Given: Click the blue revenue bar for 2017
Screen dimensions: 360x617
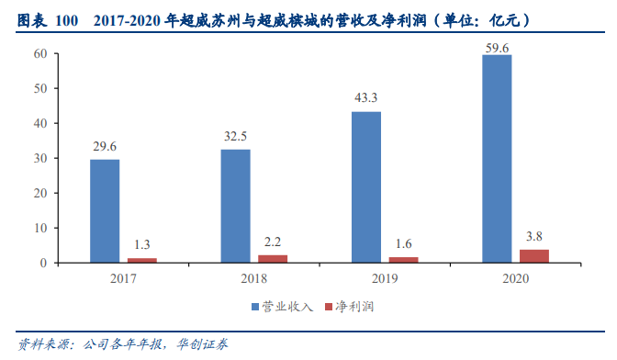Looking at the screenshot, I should coord(105,211).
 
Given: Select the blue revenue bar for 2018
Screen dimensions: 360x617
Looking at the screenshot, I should coord(235,206).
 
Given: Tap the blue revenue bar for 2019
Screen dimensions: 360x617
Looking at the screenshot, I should coord(366,187).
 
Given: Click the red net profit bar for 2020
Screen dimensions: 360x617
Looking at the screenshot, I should coord(534,256).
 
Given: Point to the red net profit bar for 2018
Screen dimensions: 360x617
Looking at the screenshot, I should coord(273,259).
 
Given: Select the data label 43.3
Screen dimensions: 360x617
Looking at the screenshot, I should coord(366,98).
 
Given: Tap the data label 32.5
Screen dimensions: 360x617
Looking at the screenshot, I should coord(235,137).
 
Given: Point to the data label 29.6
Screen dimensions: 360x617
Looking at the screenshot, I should coord(105,146).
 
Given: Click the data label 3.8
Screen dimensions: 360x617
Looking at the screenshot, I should coord(534,236).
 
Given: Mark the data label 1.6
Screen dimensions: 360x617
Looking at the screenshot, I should coord(404,244).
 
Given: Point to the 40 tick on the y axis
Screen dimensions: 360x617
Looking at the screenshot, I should coord(40,123).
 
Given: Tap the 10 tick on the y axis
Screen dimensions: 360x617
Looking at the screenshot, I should coord(40,228).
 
